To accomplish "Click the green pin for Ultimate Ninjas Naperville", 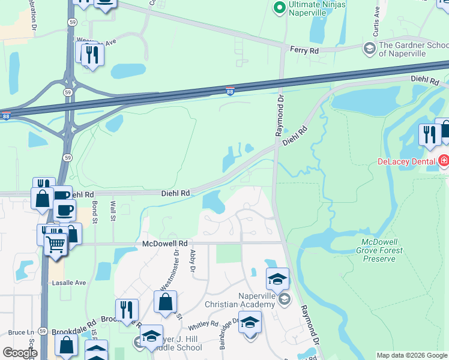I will [x=279, y=8].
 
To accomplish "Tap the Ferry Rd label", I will [x=304, y=51].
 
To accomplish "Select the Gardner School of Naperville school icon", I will [x=370, y=48].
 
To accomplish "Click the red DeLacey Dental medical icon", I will [x=443, y=161].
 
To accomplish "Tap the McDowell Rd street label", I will [x=165, y=244].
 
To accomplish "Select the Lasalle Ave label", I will [x=71, y=283].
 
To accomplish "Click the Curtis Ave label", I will [x=377, y=12].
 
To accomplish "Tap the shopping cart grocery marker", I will [x=56, y=243].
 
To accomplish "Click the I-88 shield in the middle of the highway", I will [x=231, y=91].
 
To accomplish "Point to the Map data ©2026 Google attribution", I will [x=411, y=355].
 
